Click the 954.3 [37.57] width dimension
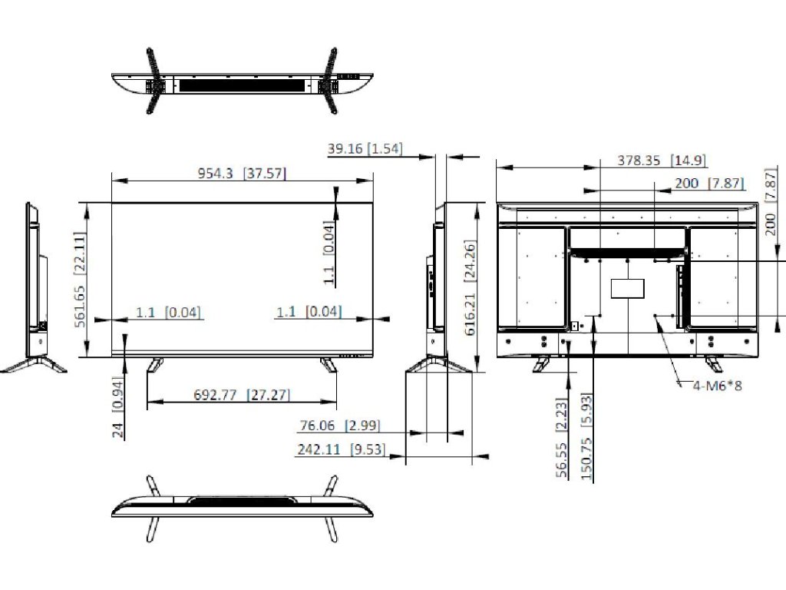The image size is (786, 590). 242,174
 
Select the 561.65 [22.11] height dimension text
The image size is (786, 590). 80,280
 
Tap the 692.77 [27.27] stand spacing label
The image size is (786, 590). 242,395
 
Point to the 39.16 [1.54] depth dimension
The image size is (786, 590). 365,148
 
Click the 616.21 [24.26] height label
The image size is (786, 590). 471,288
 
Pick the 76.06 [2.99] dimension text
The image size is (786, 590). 340,426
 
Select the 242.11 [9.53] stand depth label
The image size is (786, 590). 342,449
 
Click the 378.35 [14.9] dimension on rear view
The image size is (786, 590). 662,161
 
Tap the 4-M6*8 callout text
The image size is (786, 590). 718,386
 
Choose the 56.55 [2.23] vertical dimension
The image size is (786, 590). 562,437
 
